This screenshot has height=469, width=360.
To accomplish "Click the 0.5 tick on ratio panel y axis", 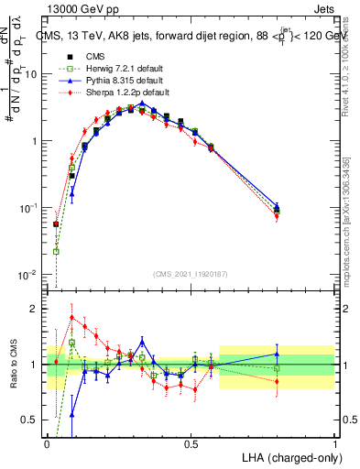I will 31,420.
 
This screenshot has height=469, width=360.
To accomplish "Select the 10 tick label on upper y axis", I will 31,74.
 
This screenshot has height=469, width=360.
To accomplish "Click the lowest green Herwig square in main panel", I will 57,251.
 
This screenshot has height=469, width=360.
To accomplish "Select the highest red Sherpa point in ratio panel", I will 71,317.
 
